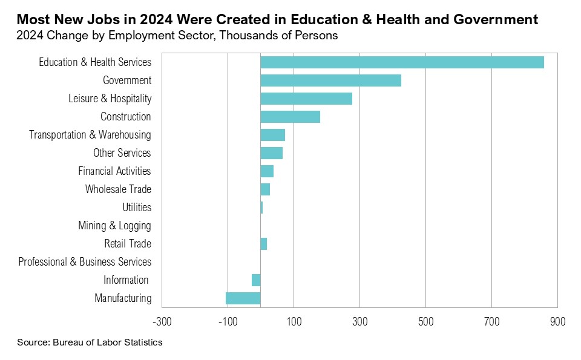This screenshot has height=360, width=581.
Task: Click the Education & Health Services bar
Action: [402, 62]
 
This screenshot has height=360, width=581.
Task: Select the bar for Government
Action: [330, 80]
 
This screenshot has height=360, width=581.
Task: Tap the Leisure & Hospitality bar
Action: [306, 99]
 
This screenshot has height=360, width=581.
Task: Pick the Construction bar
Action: [290, 117]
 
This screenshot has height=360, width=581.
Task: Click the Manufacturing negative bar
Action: [243, 298]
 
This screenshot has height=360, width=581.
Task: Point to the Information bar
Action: [256, 280]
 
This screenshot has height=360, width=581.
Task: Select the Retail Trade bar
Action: [264, 244]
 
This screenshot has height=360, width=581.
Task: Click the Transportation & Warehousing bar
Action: [272, 135]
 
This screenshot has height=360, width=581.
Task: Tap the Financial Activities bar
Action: [267, 171]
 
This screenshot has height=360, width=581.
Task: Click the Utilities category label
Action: [137, 208]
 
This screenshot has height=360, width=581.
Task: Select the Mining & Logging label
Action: [114, 226]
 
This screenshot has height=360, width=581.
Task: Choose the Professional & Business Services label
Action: [85, 262]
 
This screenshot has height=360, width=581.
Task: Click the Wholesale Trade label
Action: [118, 189]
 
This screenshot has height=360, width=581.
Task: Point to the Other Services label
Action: [122, 153]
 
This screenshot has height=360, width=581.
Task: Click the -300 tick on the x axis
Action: [162, 321]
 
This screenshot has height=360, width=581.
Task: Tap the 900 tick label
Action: [557, 321]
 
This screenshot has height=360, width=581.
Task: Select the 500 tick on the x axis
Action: [425, 321]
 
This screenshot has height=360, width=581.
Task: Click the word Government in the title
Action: [488, 19]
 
